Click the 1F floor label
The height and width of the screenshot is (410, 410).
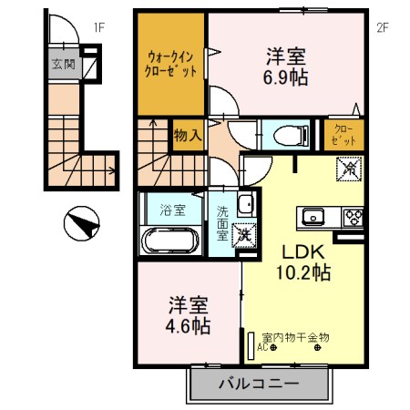point(99,27)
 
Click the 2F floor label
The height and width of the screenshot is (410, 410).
point(383,27)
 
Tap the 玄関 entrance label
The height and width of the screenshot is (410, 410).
point(63,64)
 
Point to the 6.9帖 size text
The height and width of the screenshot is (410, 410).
point(286,77)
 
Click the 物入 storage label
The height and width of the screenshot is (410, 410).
point(188,137)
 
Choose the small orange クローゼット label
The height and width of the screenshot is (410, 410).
point(346,137)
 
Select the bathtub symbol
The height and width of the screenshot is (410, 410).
point(172,241)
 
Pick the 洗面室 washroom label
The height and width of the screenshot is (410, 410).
point(222,221)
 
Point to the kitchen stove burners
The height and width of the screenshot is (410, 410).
point(354,217)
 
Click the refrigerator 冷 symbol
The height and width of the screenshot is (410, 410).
point(348,169)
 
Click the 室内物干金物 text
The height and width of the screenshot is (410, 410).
point(295,336)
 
